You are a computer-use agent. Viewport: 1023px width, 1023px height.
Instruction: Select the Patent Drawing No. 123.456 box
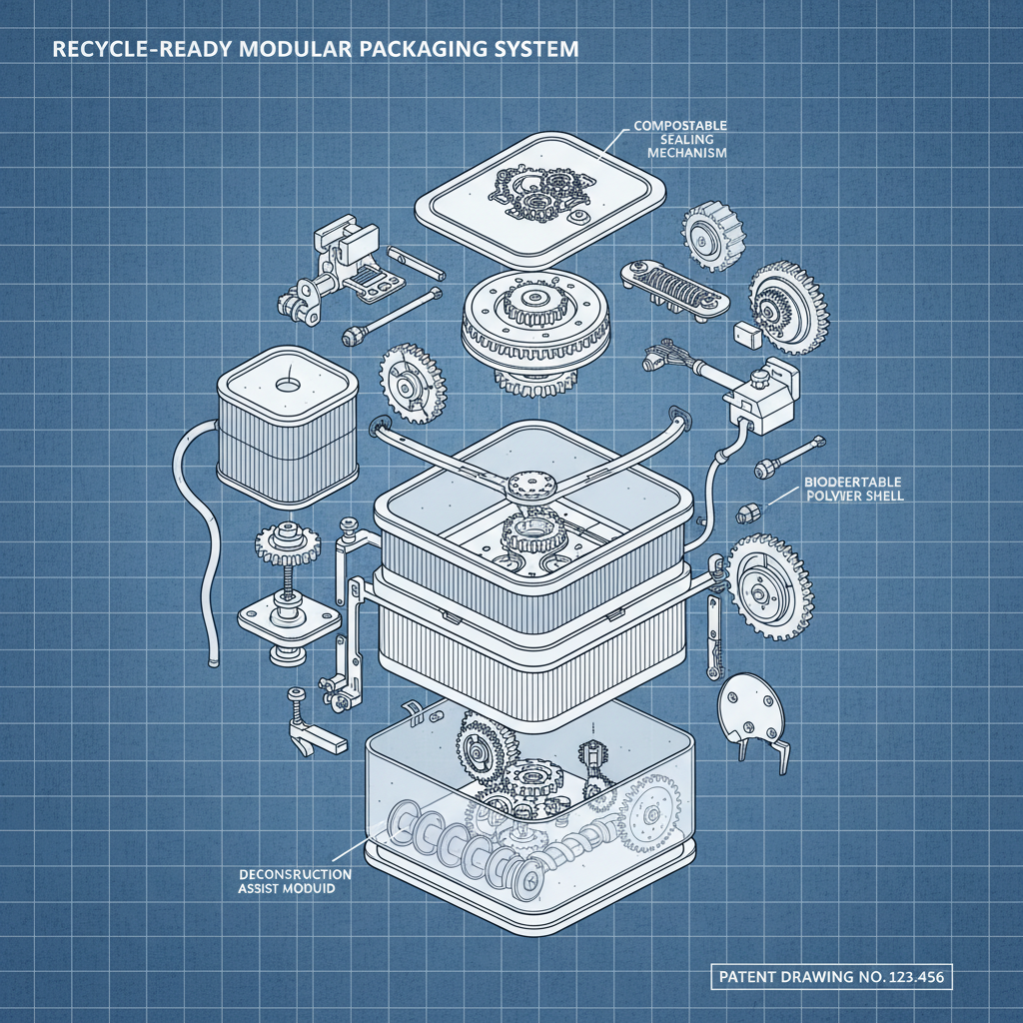click(x=831, y=977)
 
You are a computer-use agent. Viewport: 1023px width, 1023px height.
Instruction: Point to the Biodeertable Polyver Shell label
click(x=854, y=489)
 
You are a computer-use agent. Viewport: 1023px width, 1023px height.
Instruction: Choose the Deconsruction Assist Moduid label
click(x=295, y=881)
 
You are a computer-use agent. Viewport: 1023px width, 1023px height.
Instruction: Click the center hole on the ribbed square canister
click(x=287, y=386)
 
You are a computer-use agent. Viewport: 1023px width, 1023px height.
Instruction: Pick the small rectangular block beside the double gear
click(x=748, y=333)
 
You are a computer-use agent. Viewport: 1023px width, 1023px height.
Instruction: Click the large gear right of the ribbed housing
click(x=768, y=586)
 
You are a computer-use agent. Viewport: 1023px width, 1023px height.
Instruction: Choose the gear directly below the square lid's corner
click(x=711, y=236)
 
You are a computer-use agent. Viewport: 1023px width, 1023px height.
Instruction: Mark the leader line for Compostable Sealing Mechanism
click(x=614, y=140)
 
